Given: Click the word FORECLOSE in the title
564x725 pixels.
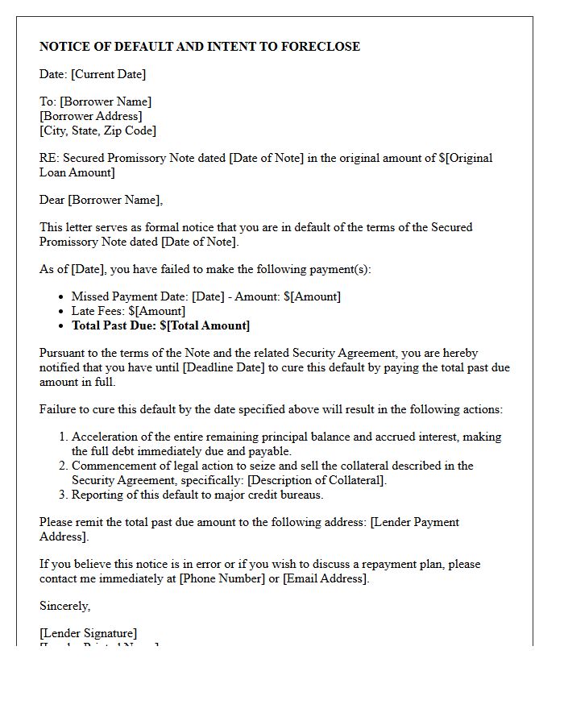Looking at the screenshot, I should (320, 47).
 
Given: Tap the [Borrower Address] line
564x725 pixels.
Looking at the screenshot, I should (91, 116).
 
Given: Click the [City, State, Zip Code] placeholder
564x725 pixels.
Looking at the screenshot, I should (97, 130).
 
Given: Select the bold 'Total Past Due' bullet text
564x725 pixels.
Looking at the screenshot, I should (160, 325).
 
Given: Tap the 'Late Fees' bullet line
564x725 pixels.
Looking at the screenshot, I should (128, 311).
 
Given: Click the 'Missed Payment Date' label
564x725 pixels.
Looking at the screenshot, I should (128, 296).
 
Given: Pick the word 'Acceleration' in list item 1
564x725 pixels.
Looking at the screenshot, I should (104, 437).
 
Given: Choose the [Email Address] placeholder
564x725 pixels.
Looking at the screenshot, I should (325, 578).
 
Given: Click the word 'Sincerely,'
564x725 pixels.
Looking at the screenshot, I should (65, 606).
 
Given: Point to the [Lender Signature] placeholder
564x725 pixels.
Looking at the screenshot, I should (89, 633).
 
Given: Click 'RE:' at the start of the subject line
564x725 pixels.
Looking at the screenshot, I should (49, 158).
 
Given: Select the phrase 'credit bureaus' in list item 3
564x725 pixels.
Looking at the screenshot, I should (287, 495).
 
